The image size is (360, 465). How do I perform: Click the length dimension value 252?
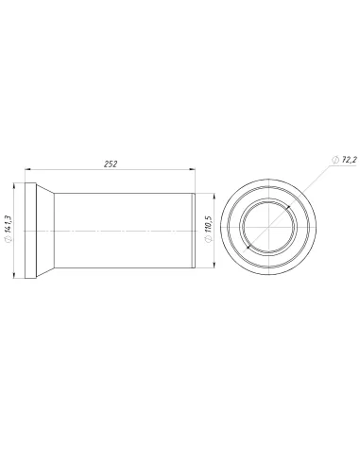[x=111, y=164]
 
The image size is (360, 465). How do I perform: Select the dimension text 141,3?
[x=9, y=223]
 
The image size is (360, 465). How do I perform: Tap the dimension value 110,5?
[x=209, y=224]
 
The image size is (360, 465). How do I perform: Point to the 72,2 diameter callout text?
[x=350, y=160]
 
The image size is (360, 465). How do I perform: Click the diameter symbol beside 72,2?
[x=335, y=160]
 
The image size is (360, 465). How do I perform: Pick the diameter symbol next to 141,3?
[x=9, y=239]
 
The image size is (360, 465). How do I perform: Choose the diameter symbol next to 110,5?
[x=209, y=239]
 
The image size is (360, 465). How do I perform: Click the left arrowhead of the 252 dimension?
[x=28, y=169]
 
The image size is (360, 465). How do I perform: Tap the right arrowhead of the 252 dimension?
[x=192, y=169]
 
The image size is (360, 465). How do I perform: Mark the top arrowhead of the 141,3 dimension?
[x=13, y=186]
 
